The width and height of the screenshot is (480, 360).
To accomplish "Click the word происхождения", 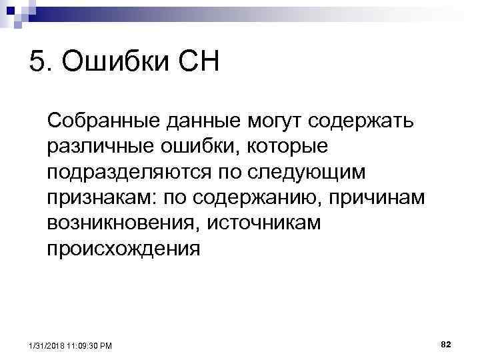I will (123, 249).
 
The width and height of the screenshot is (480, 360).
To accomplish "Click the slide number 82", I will (446, 343).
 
